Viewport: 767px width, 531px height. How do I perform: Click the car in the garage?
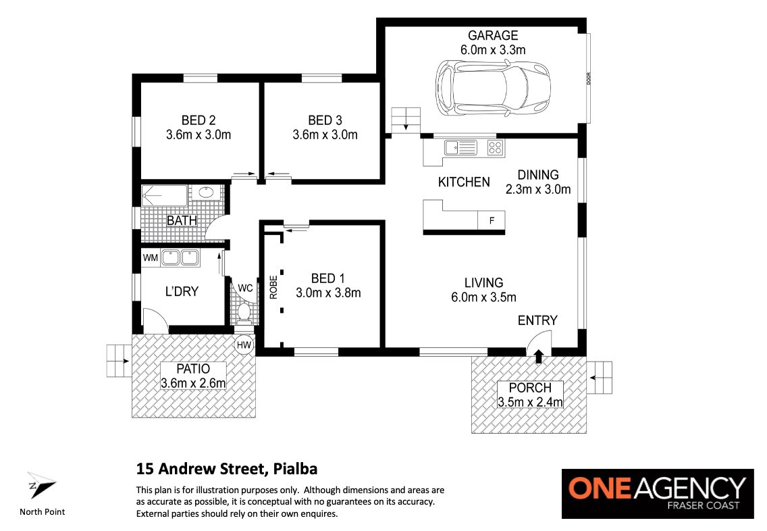click(493, 88)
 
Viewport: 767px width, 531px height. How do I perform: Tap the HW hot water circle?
click(244, 345)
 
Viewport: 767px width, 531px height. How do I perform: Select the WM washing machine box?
click(150, 257)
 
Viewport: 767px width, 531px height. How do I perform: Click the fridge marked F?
click(491, 221)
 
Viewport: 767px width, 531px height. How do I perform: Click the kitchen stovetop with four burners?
click(495, 147)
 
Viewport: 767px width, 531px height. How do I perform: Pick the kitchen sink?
click(460, 147)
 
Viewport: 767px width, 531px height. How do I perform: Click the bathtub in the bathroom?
click(164, 195)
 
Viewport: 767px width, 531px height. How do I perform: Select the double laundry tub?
click(180, 257)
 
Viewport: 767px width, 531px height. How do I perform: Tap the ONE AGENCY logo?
click(658, 493)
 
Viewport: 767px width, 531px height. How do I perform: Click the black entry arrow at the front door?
click(539, 356)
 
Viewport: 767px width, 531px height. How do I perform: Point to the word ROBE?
click(273, 287)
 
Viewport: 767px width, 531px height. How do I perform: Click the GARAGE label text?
click(493, 35)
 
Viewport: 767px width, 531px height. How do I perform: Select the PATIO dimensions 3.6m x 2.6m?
click(193, 382)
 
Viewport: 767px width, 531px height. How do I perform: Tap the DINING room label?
click(538, 175)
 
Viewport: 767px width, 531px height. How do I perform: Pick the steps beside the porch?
click(600, 378)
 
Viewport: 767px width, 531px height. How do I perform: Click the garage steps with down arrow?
click(406, 120)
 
